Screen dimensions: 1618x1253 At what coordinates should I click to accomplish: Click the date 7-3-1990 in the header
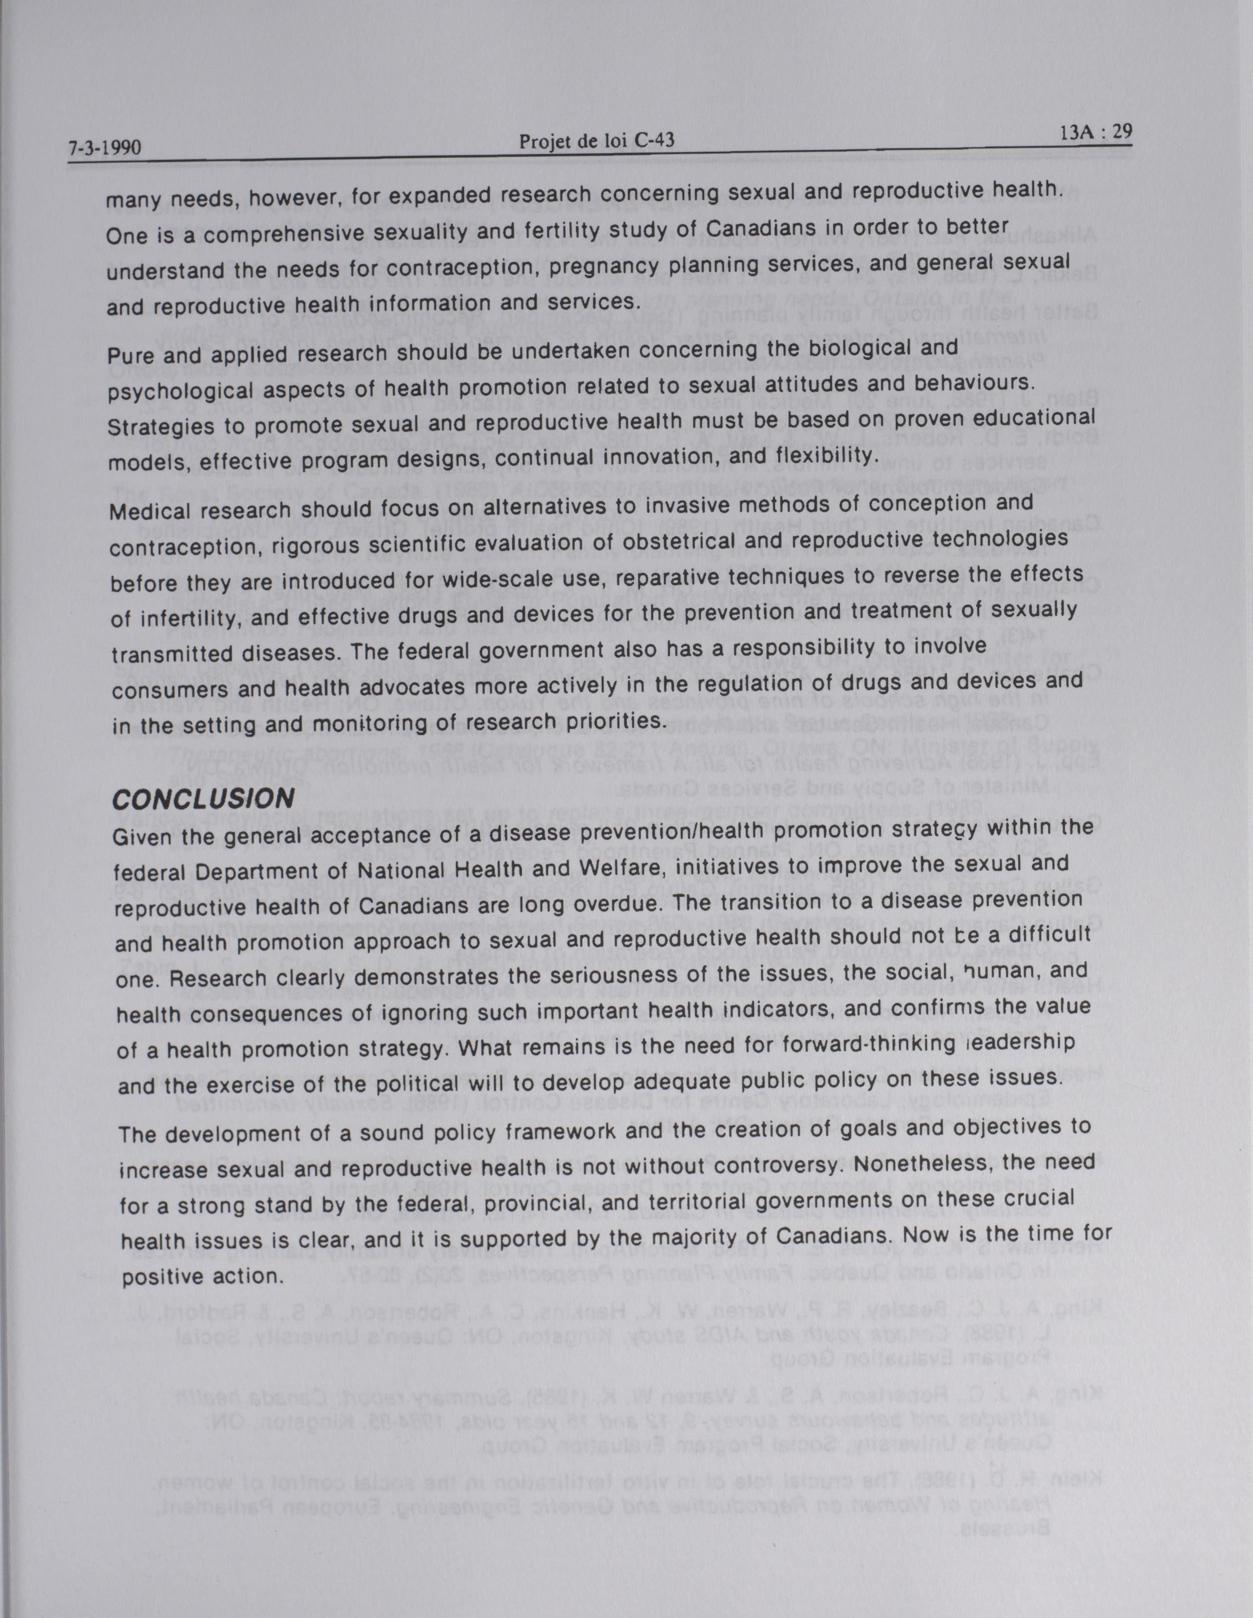(x=105, y=147)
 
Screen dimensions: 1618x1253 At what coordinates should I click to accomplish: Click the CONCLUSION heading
(x=202, y=799)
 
